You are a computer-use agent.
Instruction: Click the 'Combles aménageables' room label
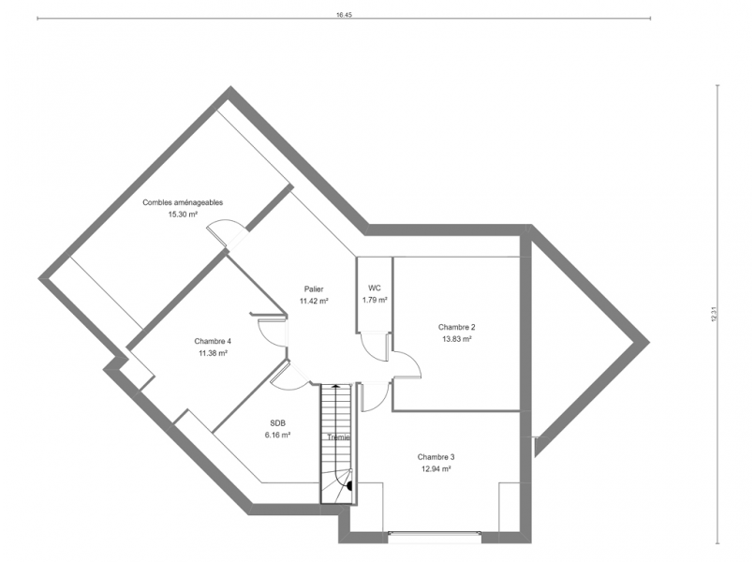(x=183, y=202)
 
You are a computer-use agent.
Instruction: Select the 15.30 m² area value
(x=183, y=214)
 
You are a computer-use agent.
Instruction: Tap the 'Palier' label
(x=314, y=288)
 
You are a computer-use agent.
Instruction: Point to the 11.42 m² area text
(x=314, y=301)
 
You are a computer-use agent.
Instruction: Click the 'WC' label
(x=375, y=288)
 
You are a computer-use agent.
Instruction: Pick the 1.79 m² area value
(x=375, y=300)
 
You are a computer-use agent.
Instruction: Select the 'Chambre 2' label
(x=457, y=327)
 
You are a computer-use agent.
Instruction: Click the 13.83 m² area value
(x=457, y=339)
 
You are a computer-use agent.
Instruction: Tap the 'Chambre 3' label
(x=436, y=457)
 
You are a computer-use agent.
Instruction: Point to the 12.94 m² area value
(x=436, y=468)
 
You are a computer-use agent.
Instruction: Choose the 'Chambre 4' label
(x=213, y=341)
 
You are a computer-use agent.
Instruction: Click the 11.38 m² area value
(x=213, y=353)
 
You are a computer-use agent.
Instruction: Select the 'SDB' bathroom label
(x=277, y=423)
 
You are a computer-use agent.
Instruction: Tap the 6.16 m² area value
(x=277, y=435)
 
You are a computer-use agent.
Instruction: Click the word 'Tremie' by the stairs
(x=338, y=437)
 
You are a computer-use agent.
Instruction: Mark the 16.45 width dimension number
(x=345, y=15)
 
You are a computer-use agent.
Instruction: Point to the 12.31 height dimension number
(x=714, y=314)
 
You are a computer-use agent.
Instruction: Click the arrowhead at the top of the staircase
(x=336, y=385)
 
